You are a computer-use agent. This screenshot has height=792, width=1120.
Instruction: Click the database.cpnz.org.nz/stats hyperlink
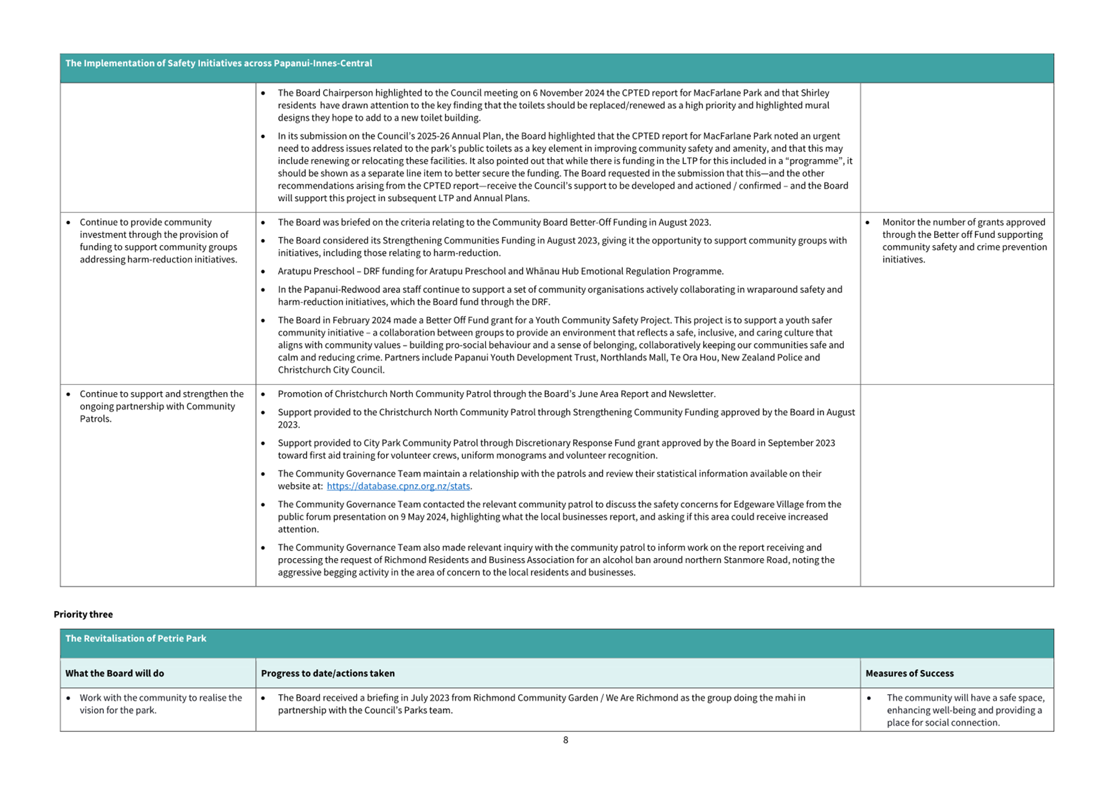pyautogui.click(x=398, y=486)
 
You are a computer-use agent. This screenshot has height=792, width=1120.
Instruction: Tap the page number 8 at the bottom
pyautogui.click(x=565, y=740)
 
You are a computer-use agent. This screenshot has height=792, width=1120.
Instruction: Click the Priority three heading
pyautogui.click(x=83, y=614)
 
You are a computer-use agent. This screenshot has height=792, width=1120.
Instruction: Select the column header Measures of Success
pyautogui.click(x=909, y=673)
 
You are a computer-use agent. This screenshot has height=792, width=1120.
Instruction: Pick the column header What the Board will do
pyautogui.click(x=114, y=673)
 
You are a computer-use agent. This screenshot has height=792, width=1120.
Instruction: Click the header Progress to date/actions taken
pyautogui.click(x=327, y=673)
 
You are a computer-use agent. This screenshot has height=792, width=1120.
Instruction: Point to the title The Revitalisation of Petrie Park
pyautogui.click(x=136, y=638)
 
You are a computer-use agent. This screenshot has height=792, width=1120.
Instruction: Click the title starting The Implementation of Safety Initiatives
pyautogui.click(x=218, y=63)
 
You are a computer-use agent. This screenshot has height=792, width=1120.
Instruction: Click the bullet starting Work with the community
pyautogui.click(x=160, y=704)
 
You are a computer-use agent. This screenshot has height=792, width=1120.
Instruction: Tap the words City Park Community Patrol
pyautogui.click(x=419, y=443)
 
